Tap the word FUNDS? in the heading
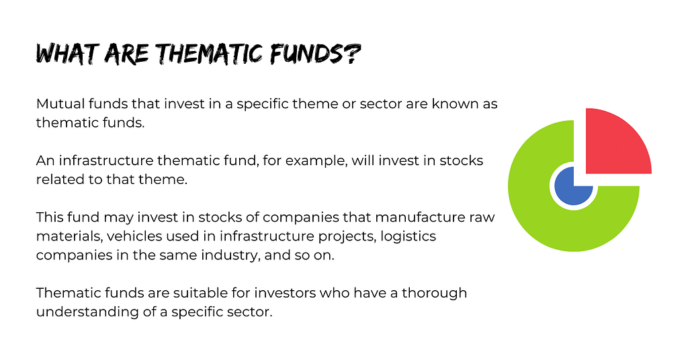point(316,54)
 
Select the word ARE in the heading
point(127,54)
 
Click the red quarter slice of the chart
point(619,141)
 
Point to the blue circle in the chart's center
point(574,185)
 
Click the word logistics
point(408,237)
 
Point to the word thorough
point(435,294)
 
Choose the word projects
point(347,237)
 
